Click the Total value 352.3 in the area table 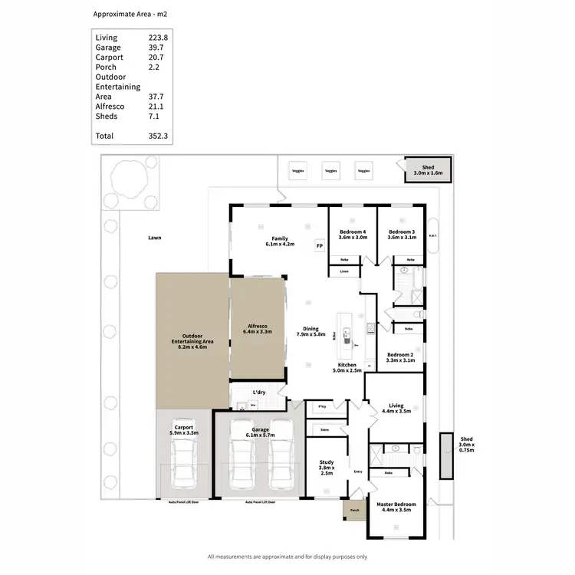click(x=159, y=136)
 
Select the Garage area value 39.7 click(x=157, y=48)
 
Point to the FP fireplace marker click(x=320, y=246)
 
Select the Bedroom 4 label click(x=353, y=235)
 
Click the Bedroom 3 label click(x=402, y=235)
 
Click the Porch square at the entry click(x=354, y=509)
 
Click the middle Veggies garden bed click(x=330, y=171)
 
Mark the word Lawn click(x=155, y=238)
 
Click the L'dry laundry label click(x=258, y=392)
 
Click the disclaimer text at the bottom click(x=287, y=557)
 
